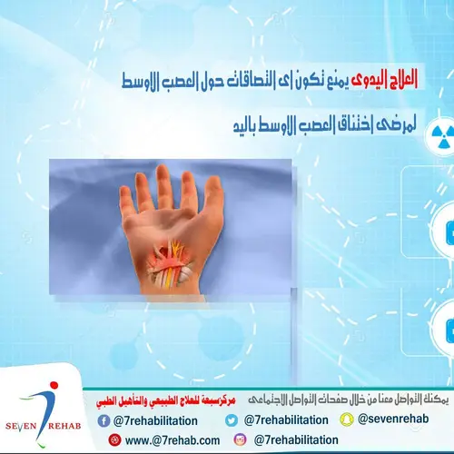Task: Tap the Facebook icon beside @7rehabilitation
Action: [106, 420]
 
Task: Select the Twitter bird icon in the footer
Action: [232, 420]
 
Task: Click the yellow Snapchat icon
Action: [345, 420]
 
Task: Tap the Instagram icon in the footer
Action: [241, 439]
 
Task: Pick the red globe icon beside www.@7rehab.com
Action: [114, 439]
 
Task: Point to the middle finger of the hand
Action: [165, 186]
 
